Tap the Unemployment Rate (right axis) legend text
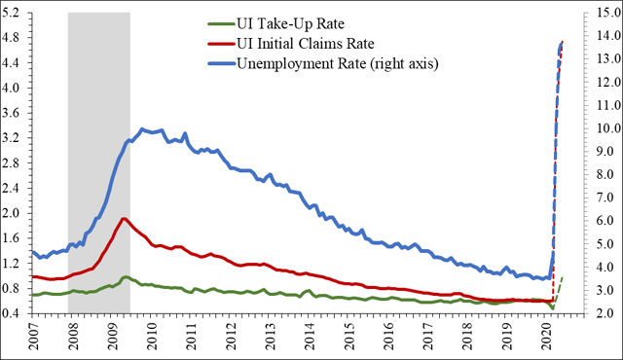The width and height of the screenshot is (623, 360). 338,65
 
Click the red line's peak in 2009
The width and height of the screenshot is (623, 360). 124,218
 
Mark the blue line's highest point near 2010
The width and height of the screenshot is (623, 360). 143,128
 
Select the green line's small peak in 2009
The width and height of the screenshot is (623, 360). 125,277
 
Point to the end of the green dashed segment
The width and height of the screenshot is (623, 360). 563,277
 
